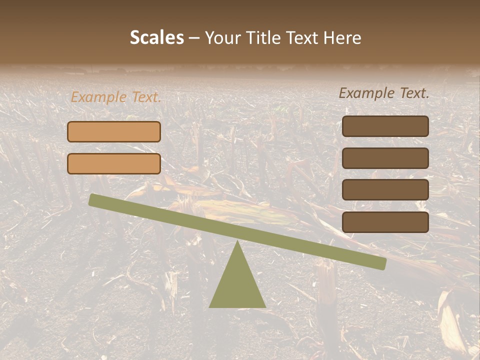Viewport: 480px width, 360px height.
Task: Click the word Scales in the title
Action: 156,38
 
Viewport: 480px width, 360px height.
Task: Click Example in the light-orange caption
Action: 98,97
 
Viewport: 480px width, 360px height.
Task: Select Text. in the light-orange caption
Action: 146,97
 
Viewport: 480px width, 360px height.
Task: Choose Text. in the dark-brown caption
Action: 414,93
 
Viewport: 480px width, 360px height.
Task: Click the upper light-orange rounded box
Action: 114,131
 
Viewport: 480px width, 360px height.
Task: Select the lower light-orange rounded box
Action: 114,163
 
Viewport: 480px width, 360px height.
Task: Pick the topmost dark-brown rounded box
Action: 385,126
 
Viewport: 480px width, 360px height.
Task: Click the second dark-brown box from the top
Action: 385,158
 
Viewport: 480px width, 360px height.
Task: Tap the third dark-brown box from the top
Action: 385,190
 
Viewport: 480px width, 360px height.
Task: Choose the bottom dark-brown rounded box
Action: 385,222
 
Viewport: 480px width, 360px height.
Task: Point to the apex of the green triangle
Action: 237,242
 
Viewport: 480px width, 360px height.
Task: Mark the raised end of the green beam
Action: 93,199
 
